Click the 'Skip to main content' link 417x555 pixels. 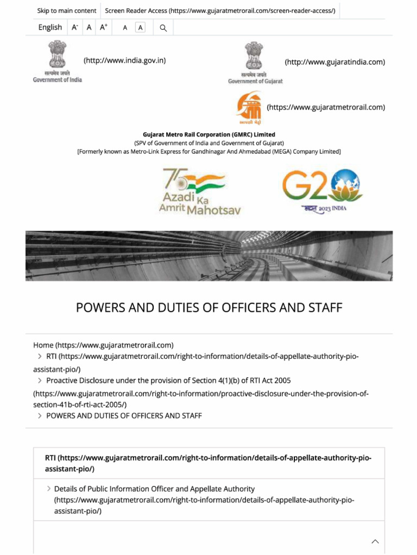66,11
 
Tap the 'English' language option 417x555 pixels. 50,27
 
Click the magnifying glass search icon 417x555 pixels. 163,28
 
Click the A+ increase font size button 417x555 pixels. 103,27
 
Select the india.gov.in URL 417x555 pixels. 124,61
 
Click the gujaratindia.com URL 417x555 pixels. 334,62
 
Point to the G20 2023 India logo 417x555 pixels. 323,191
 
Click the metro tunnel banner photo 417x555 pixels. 208,256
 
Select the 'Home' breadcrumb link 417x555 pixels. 43,345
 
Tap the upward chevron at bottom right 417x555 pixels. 375,541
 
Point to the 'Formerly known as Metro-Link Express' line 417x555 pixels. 208,152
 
